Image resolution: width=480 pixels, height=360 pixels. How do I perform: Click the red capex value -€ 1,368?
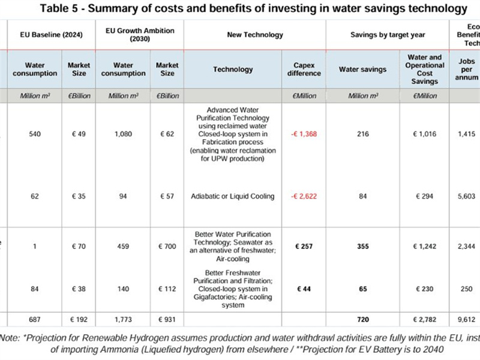pyautogui.click(x=304, y=134)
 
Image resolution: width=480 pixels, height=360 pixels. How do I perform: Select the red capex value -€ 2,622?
pyautogui.click(x=304, y=196)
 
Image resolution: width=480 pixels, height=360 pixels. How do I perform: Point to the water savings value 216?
pyautogui.click(x=363, y=134)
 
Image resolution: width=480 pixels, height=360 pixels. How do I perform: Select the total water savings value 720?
pyautogui.click(x=363, y=320)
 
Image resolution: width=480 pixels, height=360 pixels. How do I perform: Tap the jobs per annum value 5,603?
pyautogui.click(x=465, y=196)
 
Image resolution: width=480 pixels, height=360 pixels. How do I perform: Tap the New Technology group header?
pyautogui.click(x=255, y=35)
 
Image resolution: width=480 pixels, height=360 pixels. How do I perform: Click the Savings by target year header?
pyautogui.click(x=387, y=35)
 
